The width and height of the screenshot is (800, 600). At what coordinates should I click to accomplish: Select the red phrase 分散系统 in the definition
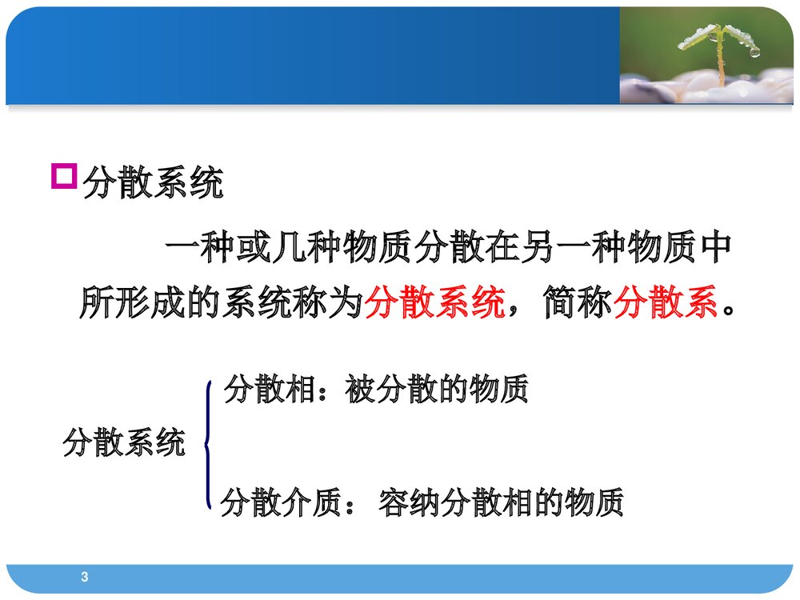pyautogui.click(x=434, y=303)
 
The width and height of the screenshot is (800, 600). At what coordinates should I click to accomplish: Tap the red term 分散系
pyautogui.click(x=666, y=303)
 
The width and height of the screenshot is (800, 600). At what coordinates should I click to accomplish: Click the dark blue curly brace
pyautogui.click(x=209, y=444)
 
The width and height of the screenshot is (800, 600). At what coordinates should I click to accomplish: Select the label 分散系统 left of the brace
pyautogui.click(x=124, y=442)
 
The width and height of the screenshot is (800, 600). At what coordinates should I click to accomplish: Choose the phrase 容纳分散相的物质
pyautogui.click(x=500, y=503)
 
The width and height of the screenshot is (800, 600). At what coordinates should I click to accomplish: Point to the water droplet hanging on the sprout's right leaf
pyautogui.click(x=754, y=52)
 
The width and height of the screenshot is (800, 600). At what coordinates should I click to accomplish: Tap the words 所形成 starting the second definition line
pyautogui.click(x=132, y=303)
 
